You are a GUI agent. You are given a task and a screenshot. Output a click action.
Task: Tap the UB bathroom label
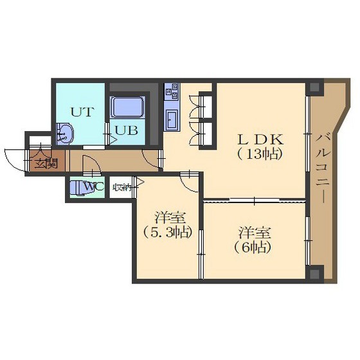(127, 130)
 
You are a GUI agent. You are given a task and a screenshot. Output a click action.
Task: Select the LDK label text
(260, 140)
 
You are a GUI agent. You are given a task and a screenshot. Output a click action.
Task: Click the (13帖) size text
(260, 154)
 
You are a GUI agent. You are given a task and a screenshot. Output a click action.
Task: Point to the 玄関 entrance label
(46, 164)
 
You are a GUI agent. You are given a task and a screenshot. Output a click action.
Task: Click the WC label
(94, 186)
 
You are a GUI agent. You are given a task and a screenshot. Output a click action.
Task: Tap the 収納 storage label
(122, 188)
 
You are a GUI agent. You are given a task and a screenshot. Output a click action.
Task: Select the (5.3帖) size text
(167, 232)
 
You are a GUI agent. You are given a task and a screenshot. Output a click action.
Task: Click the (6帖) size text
(253, 248)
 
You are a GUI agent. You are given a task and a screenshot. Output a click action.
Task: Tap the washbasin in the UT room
(65, 134)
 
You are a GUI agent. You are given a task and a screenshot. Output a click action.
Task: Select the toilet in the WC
(78, 188)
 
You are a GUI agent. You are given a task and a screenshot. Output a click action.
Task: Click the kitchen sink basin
(172, 119)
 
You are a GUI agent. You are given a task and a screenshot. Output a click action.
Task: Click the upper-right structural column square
(314, 87)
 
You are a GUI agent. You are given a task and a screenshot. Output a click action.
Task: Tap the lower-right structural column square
(315, 273)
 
